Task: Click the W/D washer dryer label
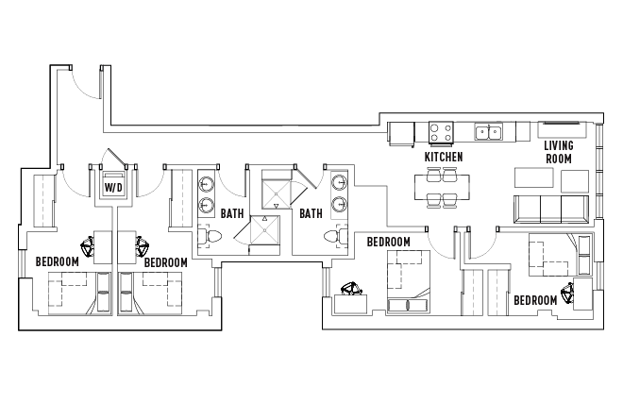(x=113, y=187)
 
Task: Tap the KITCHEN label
(x=444, y=157)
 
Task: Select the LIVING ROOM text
(x=559, y=152)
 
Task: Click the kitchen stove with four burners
(x=441, y=132)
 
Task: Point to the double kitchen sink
(x=488, y=131)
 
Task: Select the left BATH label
(x=232, y=213)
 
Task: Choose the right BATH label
(x=311, y=213)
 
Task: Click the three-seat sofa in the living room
(x=550, y=209)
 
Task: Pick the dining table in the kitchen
(x=442, y=187)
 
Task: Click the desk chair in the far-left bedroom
(x=88, y=246)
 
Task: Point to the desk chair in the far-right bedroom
(x=567, y=294)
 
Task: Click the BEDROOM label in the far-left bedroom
(x=58, y=261)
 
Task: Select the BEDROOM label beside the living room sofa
(x=535, y=300)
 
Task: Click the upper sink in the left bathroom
(x=207, y=184)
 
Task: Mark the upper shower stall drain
(x=276, y=193)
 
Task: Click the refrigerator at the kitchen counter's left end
(x=401, y=134)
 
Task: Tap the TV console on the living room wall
(x=562, y=129)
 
